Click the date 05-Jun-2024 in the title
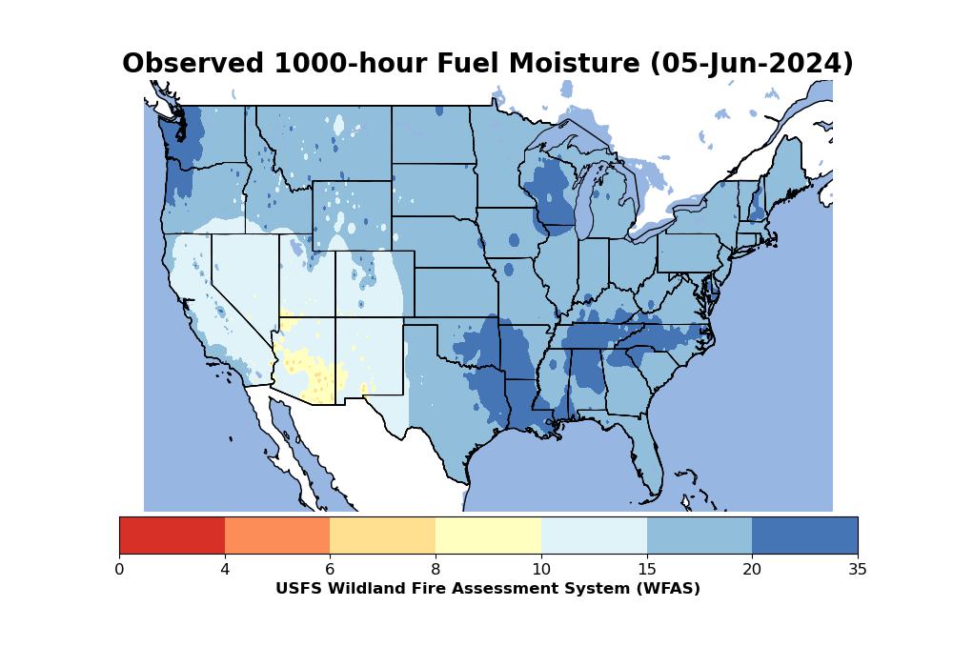click(751, 64)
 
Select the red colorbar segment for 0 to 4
click(172, 535)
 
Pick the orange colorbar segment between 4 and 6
click(277, 535)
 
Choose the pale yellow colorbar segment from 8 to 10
click(488, 535)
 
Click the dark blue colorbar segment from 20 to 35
click(804, 535)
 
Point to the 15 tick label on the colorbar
click(646, 570)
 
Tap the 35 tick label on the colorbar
click(858, 570)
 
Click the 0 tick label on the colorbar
click(119, 570)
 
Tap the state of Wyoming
click(353, 215)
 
